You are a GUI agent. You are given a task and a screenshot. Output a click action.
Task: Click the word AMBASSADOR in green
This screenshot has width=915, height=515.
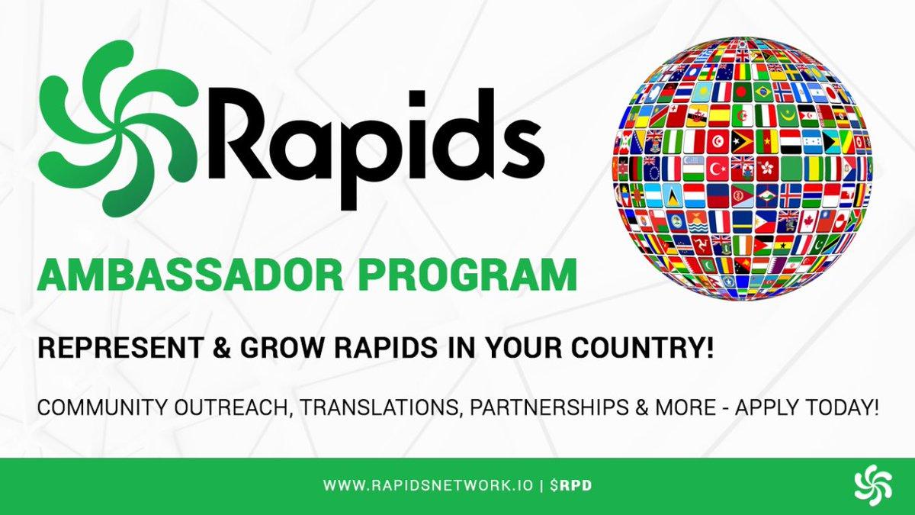coord(191,275)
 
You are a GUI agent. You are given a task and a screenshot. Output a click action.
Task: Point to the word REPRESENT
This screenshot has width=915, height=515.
coord(120,348)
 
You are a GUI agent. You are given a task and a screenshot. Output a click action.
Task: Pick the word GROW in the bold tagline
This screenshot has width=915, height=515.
coord(282,348)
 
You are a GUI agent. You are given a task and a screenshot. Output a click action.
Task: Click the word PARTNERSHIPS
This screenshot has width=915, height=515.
coord(550,407)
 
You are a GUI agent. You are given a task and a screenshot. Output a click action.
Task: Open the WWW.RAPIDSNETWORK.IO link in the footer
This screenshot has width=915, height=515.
coord(428,485)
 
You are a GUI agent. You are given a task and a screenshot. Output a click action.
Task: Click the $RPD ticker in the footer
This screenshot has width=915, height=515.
coord(571,485)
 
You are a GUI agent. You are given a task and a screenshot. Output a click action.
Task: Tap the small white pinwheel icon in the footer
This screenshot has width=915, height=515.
coord(873,485)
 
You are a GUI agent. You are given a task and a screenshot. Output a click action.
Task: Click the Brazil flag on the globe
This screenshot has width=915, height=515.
coord(763,92)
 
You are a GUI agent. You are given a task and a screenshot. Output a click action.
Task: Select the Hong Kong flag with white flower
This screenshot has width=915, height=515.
coord(767,169)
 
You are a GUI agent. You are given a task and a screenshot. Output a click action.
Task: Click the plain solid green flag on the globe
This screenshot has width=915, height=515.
coord(792,169)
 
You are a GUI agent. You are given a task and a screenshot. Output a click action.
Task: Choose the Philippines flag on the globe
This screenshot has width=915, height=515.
coord(766,221)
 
